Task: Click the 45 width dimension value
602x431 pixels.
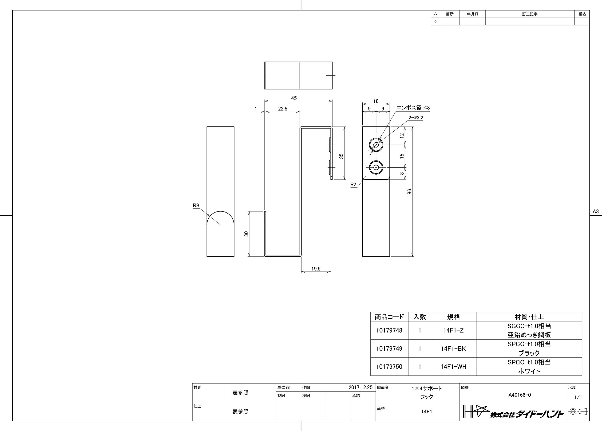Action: tap(294, 98)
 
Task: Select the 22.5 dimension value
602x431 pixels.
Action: tap(283, 109)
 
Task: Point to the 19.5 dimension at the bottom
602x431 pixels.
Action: tap(316, 269)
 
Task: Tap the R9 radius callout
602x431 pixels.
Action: tap(196, 205)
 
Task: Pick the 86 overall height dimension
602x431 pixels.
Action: tap(410, 192)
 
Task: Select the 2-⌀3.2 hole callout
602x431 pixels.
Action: tap(416, 118)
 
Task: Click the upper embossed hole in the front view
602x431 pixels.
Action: tap(376, 145)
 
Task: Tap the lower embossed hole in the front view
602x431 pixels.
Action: tap(376, 167)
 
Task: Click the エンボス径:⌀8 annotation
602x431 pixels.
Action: tap(413, 108)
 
